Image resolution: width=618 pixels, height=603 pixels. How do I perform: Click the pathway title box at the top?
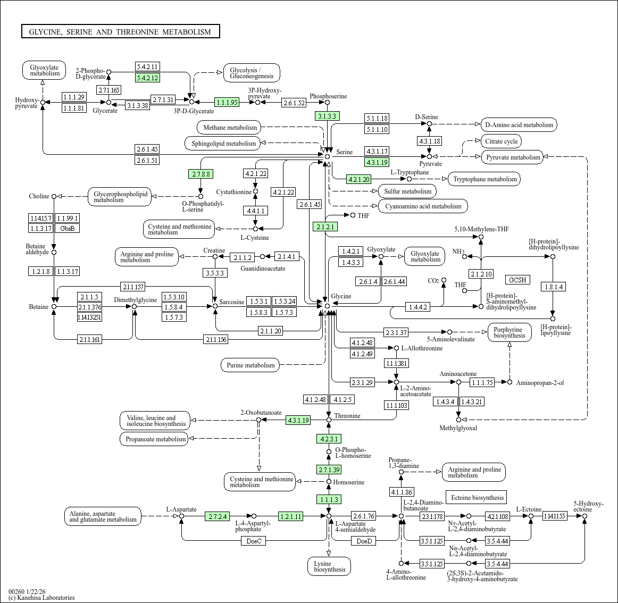pos(120,32)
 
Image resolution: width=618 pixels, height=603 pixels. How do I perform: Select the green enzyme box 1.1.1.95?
pos(227,102)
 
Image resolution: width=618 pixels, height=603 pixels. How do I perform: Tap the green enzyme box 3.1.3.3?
pos(327,116)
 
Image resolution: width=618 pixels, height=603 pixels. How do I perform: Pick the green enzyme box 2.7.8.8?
pos(201,174)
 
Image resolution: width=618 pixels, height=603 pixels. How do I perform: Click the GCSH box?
pos(517,280)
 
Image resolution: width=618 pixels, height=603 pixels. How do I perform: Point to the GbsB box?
pos(68,228)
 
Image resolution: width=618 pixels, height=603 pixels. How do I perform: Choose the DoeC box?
pos(254,541)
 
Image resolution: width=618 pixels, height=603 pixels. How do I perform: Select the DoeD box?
pos(364,541)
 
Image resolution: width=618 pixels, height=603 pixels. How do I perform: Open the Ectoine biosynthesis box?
pos(477,498)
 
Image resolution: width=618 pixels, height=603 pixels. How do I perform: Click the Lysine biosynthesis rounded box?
pos(329,566)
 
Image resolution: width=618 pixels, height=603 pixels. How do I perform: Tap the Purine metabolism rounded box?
pos(250,365)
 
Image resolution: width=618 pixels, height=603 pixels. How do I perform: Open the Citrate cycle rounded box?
pos(501,141)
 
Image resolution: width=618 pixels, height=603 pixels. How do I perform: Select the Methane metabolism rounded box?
pos(230,128)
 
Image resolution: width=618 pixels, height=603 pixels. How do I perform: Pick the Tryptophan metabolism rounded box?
pos(485,179)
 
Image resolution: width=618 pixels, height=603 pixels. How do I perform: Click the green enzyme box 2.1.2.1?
pos(325,227)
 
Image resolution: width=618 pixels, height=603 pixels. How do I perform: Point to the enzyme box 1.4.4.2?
pos(417,307)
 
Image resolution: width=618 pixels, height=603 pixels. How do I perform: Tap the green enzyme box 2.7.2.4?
pos(218,516)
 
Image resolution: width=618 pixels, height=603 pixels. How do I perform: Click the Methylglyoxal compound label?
pos(458,428)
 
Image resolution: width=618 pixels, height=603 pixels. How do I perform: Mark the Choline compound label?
pos(39,196)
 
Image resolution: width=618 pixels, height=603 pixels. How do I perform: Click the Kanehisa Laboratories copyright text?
pos(41,598)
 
